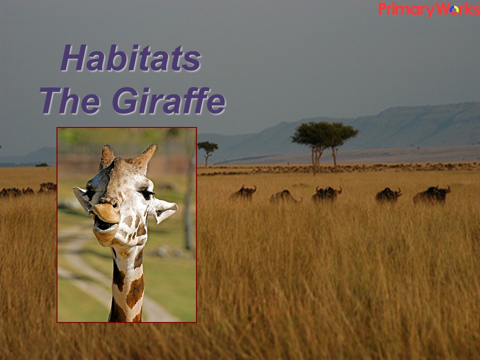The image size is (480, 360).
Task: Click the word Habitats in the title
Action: [131, 58]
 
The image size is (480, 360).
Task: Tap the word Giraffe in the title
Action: [169, 100]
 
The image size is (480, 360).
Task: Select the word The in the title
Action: [70, 100]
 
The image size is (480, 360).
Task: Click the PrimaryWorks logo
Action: [429, 9]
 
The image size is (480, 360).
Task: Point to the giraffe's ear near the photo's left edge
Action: [81, 199]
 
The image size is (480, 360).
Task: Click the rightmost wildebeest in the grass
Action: [431, 194]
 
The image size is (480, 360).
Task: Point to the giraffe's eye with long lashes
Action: [147, 194]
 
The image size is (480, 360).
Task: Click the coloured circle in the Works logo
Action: [454, 10]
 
